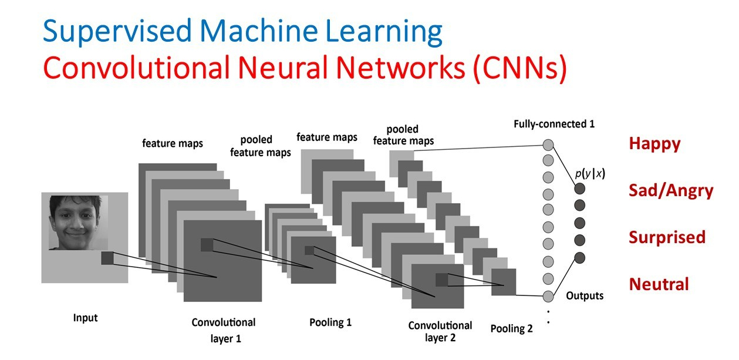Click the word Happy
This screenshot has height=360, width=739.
(654, 144)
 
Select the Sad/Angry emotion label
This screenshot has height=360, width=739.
(671, 191)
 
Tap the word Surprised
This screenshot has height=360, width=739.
(667, 237)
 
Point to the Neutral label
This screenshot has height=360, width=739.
(659, 284)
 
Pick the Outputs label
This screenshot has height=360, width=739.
(585, 295)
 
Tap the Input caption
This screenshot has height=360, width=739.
(85, 318)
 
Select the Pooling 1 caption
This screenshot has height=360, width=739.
(330, 322)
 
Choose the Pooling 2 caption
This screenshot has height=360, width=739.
(511, 329)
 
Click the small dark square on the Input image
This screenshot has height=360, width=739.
(107, 258)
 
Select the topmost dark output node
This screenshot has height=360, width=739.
(580, 189)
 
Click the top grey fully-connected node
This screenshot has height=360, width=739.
(548, 144)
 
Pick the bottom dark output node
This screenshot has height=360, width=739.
(580, 257)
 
